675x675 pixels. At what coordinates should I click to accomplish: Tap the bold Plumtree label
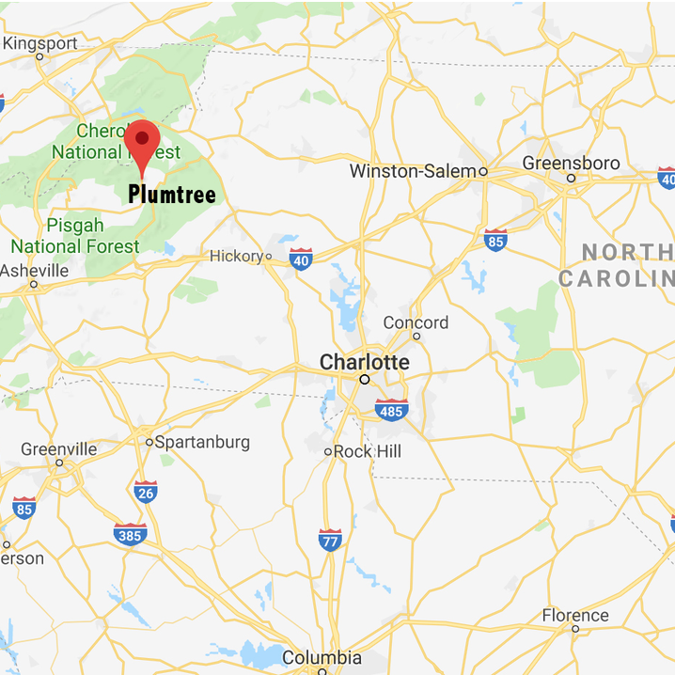pos(172,196)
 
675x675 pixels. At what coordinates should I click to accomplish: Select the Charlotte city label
pos(365,362)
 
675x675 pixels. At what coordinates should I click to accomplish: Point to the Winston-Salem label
pos(413,171)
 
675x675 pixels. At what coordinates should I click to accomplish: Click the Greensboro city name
pos(572,164)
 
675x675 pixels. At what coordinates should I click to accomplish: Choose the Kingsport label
pos(40,43)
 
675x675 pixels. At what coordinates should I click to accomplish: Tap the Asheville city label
pos(35,271)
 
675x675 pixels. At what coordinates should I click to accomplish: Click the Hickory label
pos(235,256)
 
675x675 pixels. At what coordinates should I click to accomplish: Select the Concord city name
pos(416,322)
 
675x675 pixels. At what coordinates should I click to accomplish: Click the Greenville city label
pos(58,448)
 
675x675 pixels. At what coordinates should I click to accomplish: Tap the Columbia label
pos(322,657)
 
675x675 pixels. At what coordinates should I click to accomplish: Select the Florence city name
pos(575,616)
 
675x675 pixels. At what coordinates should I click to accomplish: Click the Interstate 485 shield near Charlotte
pos(390,410)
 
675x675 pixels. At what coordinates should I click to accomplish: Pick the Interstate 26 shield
pos(146,492)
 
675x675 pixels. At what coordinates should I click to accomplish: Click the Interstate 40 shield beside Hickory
pos(301,259)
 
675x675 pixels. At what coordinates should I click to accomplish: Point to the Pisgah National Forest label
pos(75,236)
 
